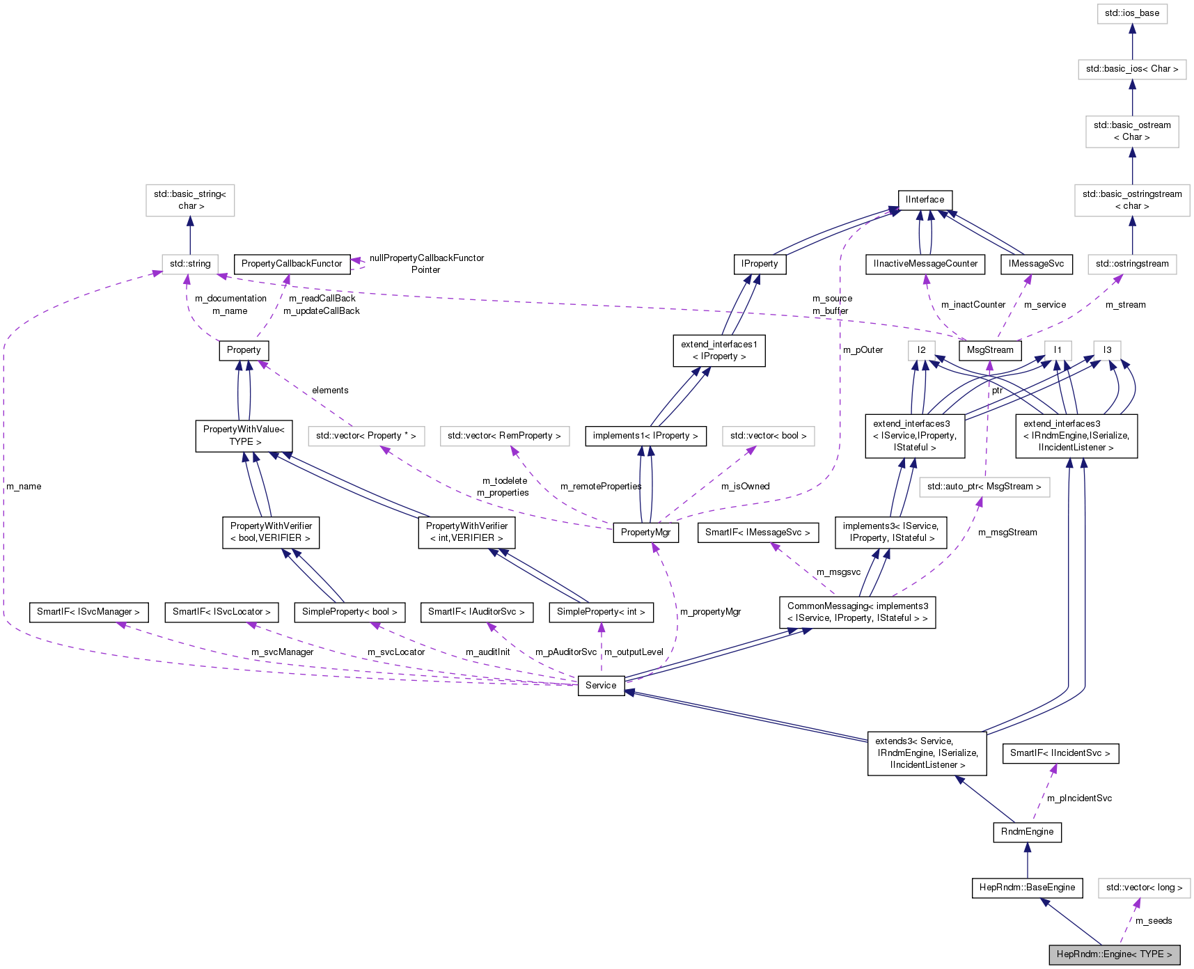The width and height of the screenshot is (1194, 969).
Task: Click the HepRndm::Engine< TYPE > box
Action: click(x=1114, y=954)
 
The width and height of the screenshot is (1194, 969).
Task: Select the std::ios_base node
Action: click(x=1132, y=13)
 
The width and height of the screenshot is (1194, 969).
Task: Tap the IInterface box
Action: click(x=925, y=200)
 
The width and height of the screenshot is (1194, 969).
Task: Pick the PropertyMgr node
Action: click(x=645, y=533)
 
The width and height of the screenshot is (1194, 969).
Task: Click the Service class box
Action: click(x=601, y=686)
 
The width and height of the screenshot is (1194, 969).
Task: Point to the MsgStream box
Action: click(x=990, y=350)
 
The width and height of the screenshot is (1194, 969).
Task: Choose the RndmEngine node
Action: click(x=1027, y=832)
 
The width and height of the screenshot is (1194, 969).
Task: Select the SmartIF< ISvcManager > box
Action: click(x=88, y=612)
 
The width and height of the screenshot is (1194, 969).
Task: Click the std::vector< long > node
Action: click(x=1144, y=888)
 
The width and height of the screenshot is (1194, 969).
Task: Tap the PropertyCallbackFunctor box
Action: click(x=292, y=264)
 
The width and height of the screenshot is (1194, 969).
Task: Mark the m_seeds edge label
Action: click(x=1154, y=921)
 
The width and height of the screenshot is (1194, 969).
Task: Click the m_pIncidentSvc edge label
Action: click(x=1079, y=798)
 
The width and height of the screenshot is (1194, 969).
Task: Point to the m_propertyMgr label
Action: click(x=710, y=612)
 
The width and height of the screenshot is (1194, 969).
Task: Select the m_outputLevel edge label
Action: click(x=634, y=652)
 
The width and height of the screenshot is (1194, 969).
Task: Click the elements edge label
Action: click(x=330, y=391)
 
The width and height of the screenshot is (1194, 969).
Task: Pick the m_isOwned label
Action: click(x=745, y=487)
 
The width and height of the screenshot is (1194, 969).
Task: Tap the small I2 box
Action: click(x=921, y=350)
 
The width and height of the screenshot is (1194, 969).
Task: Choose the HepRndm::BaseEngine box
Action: click(x=1027, y=888)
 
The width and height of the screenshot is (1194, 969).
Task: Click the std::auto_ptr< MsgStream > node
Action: click(x=984, y=487)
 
